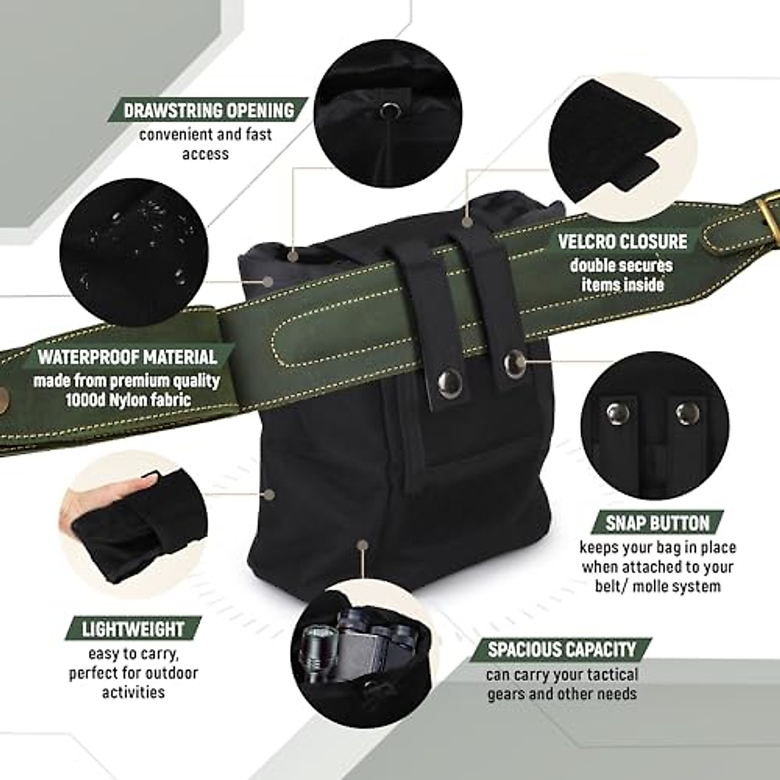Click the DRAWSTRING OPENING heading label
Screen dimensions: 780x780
tap(209, 110)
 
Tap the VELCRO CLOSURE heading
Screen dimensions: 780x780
tap(622, 241)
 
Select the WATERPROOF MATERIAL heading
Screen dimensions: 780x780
tap(127, 357)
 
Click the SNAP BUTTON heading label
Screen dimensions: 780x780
tap(658, 523)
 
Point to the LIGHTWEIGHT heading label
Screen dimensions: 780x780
tap(133, 629)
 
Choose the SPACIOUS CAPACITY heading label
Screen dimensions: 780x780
tap(562, 649)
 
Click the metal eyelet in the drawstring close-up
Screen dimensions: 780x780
tap(389, 111)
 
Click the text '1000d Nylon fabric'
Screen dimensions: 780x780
tap(128, 399)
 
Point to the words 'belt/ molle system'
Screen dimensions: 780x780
tap(658, 585)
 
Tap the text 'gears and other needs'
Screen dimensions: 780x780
tap(562, 694)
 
